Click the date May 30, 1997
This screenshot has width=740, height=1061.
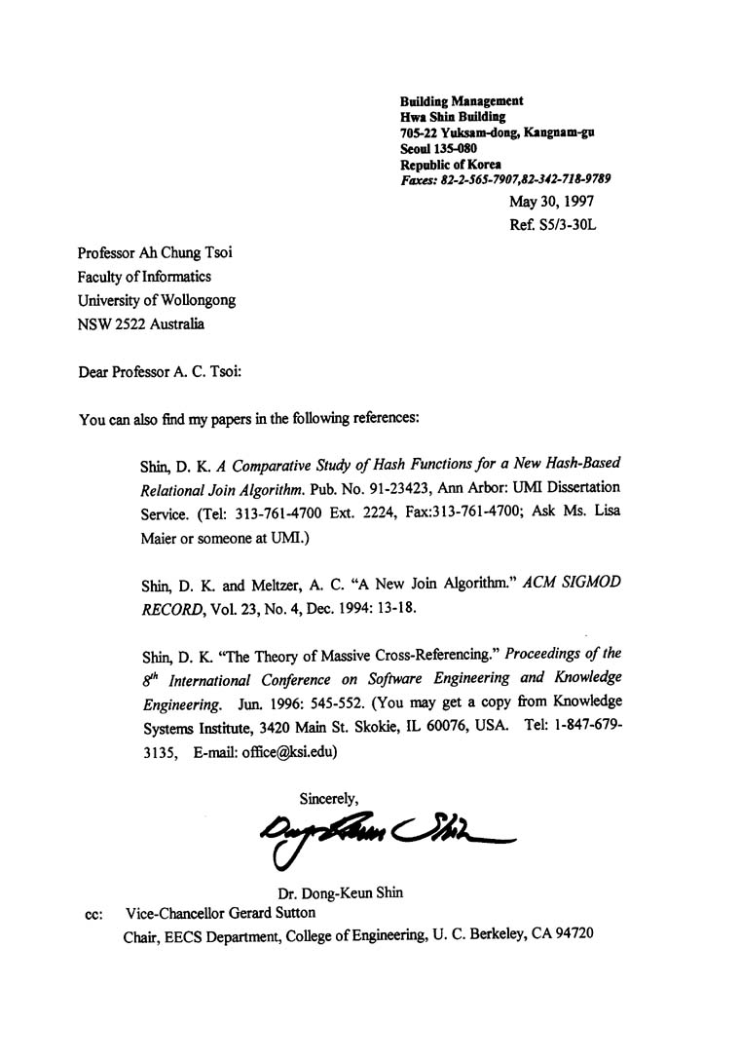pyautogui.click(x=551, y=202)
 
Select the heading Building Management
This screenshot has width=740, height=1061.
pyautogui.click(x=462, y=100)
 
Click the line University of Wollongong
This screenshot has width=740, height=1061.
pyautogui.click(x=157, y=300)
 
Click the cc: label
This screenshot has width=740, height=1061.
pyautogui.click(x=94, y=915)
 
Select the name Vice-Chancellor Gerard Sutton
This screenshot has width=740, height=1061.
pyautogui.click(x=220, y=914)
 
